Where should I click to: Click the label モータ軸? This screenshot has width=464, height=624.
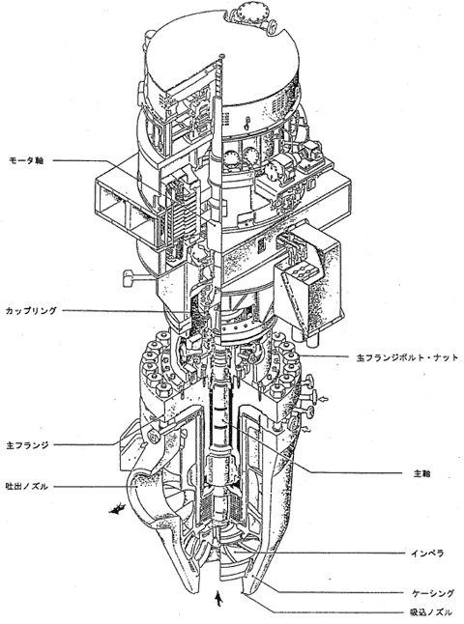tap(26, 160)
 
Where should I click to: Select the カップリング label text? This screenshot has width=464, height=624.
tap(31, 311)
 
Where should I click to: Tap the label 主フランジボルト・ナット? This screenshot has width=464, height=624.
tap(407, 357)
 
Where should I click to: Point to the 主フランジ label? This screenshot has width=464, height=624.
tap(27, 445)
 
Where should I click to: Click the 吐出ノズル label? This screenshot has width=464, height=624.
tap(27, 486)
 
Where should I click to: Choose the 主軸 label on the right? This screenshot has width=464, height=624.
tap(422, 473)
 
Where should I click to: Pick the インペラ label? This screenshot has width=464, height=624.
tap(427, 553)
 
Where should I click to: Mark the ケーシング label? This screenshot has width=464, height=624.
tap(432, 593)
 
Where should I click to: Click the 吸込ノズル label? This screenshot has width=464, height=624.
tap(431, 611)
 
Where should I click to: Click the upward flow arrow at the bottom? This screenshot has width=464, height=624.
tap(217, 598)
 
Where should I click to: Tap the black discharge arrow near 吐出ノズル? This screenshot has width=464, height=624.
tap(118, 509)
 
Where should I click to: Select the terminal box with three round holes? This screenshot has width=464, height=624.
tap(302, 274)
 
